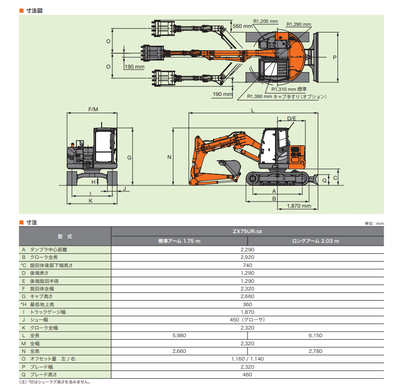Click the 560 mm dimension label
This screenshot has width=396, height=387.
coord(241,25)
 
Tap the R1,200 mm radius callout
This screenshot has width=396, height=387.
coord(266,21)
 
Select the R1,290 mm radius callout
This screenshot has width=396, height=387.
coord(298,24)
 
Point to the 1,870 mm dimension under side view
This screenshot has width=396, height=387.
coord(299,206)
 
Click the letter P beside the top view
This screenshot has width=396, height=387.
coord(334,57)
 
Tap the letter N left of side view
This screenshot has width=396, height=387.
coord(169,157)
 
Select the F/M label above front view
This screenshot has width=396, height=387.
coord(93,110)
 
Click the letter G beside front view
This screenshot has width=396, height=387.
coord(130,158)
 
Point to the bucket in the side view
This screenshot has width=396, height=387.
coord(229,166)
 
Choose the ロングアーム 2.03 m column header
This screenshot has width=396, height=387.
coord(316,241)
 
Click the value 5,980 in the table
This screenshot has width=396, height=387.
coord(179,336)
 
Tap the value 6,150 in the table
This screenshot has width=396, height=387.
coord(316,336)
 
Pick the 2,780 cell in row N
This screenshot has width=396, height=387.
coord(316,351)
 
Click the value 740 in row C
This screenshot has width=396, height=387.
coord(248,265)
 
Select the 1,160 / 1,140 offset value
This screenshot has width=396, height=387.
coord(248,359)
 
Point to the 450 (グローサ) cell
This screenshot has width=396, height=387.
coord(248,319)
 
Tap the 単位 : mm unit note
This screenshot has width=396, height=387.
coord(374,223)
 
